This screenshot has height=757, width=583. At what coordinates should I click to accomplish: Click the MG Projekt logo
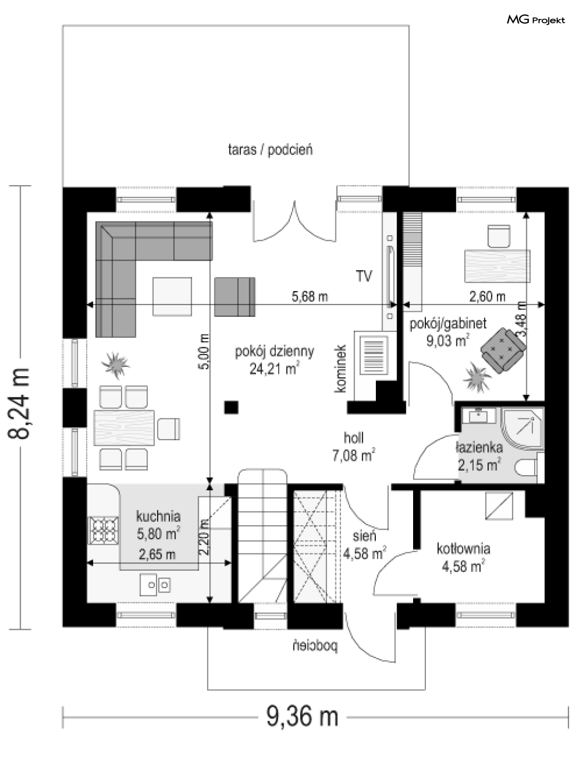click(536, 20)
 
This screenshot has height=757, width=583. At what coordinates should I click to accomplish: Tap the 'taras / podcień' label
click(270, 150)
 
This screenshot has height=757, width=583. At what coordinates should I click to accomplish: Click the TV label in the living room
click(364, 276)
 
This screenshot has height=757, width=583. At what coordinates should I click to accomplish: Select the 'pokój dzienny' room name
click(275, 352)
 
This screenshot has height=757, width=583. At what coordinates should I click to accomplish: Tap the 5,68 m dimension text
click(310, 296)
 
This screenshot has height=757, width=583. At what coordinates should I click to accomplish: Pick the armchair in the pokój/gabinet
click(503, 350)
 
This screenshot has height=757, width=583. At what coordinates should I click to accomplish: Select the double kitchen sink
click(155, 585)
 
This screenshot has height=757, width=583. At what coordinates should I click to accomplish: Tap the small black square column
click(231, 407)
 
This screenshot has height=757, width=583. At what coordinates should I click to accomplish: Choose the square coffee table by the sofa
click(172, 296)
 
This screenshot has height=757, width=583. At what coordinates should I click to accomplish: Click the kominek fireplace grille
click(374, 355)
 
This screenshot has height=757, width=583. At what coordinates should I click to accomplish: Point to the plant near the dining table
click(115, 365)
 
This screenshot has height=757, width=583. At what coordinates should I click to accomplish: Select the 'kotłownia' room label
click(463, 549)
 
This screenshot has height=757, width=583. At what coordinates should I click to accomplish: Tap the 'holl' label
click(354, 438)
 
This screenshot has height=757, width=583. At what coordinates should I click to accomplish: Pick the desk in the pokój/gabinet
click(497, 266)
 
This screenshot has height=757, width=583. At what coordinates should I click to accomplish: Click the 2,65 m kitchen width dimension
click(157, 555)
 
